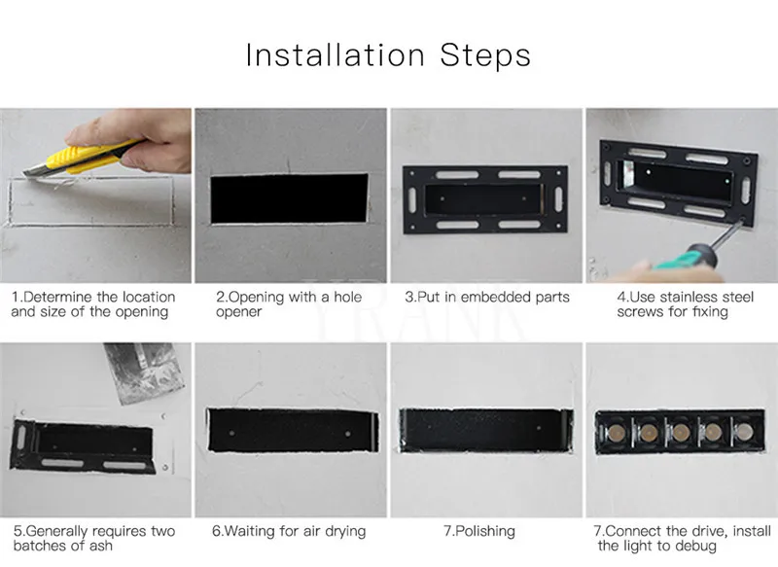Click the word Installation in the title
[x=336, y=54]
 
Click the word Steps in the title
[x=485, y=55]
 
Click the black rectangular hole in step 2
[x=289, y=198]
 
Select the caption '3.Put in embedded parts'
[x=487, y=298]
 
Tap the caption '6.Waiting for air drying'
[x=289, y=531]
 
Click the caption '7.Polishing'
[x=479, y=531]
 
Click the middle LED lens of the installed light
[x=680, y=432]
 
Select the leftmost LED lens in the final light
[x=617, y=432]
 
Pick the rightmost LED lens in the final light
[x=743, y=432]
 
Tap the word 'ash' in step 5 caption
[x=101, y=547]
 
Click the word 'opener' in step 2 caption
[x=238, y=312]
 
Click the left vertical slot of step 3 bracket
[x=412, y=199]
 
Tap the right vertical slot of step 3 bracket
[x=558, y=199]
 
